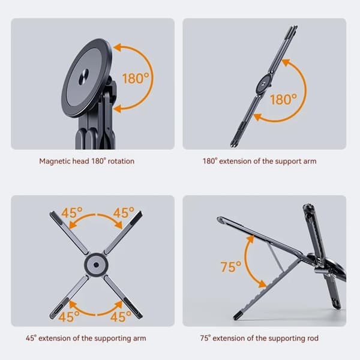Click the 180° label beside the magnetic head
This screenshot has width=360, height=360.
(x=136, y=78)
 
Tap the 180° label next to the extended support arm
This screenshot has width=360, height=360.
(x=284, y=100)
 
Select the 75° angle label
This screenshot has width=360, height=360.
(x=231, y=266)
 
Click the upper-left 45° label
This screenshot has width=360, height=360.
(x=72, y=212)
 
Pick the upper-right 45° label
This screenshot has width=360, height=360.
(x=124, y=212)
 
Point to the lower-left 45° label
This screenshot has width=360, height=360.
(x=69, y=317)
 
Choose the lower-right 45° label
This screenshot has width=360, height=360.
(x=121, y=317)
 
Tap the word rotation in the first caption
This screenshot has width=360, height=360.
(x=121, y=161)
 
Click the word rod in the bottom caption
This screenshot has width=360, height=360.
(x=313, y=338)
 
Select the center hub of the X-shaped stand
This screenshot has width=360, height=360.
(x=96, y=264)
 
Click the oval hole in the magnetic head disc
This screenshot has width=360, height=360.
(x=83, y=77)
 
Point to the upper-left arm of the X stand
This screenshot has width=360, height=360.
(x=69, y=233)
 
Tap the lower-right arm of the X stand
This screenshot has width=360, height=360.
(x=123, y=297)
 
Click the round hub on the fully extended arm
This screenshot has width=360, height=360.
(x=263, y=84)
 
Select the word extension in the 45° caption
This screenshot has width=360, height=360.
(x=55, y=338)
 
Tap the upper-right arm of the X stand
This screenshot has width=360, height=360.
(x=124, y=233)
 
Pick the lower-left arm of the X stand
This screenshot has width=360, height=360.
(x=69, y=297)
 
